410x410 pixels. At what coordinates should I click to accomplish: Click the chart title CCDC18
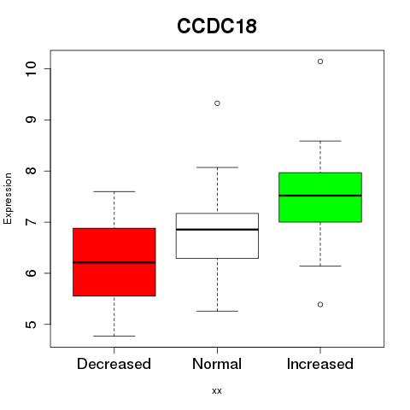[217, 26]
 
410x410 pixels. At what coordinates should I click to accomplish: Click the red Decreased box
[114, 262]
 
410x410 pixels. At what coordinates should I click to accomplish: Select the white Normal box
[217, 236]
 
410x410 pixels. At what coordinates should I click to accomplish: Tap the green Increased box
[320, 197]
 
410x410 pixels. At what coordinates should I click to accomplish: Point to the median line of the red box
[114, 262]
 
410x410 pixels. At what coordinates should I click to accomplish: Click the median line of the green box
[320, 196]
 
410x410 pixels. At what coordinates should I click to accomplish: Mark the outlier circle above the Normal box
[217, 103]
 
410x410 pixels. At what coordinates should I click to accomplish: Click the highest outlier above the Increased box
[320, 61]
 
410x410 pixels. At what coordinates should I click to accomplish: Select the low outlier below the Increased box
[320, 305]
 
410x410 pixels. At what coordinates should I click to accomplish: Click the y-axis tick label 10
[31, 68]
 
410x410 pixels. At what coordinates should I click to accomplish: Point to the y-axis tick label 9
[31, 120]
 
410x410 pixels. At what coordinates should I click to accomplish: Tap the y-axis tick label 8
[31, 171]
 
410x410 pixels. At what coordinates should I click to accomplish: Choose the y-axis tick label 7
[31, 222]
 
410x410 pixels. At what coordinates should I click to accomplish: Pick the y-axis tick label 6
[31, 273]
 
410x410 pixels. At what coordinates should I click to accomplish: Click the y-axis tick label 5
[31, 325]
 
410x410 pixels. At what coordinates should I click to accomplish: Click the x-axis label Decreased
[114, 364]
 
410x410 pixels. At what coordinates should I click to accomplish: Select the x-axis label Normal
[217, 364]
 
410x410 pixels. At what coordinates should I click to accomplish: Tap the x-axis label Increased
[320, 364]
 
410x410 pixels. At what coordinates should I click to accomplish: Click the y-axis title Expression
[8, 198]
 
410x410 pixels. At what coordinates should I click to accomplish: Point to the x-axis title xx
[217, 391]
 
